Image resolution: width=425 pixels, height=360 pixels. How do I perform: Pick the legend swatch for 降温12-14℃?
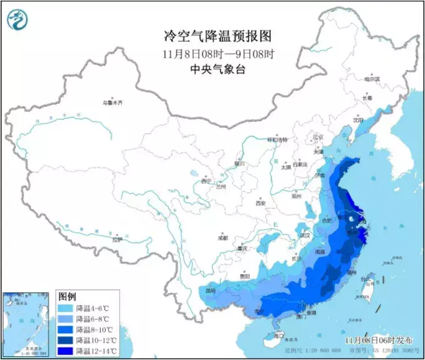pyautogui.click(x=66, y=351)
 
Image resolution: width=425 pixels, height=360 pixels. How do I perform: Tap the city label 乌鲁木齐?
pyautogui.click(x=113, y=102)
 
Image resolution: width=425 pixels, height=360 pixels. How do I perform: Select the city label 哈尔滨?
pyautogui.click(x=372, y=79)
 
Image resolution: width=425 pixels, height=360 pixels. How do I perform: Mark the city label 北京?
pyautogui.click(x=318, y=137)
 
